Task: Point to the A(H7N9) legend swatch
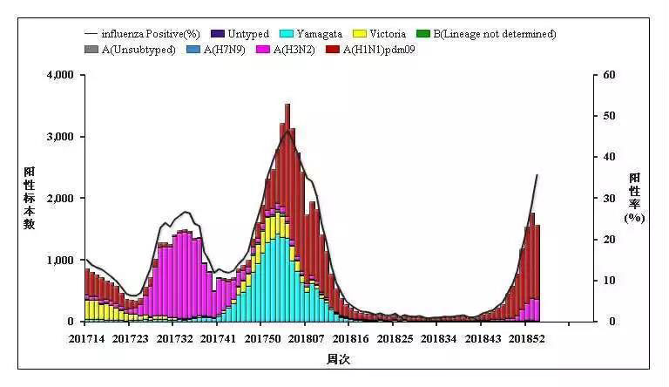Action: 193,50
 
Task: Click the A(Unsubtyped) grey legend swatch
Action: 92,50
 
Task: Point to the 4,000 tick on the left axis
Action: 59,75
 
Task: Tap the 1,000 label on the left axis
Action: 59,260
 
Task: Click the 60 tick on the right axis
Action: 610,75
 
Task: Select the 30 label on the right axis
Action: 610,198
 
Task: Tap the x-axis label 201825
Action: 395,338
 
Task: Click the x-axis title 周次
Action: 338,359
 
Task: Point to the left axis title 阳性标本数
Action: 29,198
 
